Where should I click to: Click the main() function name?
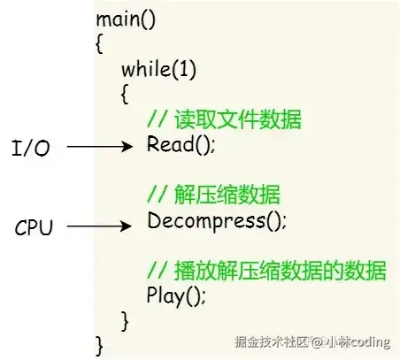[x=126, y=20]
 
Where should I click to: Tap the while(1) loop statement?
[x=158, y=70]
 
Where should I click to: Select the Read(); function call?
[x=181, y=144]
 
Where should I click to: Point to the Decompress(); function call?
[x=217, y=222]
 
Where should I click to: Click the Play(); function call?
[x=176, y=295]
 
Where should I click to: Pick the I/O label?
[x=31, y=148]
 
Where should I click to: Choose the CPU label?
[x=34, y=227]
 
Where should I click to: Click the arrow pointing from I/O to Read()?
[x=100, y=146]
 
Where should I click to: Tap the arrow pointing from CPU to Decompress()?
[x=99, y=226]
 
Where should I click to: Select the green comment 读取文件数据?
[x=224, y=119]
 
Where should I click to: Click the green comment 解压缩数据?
[x=213, y=195]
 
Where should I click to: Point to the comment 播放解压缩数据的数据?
[x=266, y=270]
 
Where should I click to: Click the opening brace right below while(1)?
[x=125, y=94]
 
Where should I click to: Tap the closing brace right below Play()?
[x=125, y=321]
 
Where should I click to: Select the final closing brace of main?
[x=99, y=346]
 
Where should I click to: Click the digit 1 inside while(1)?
[x=183, y=69]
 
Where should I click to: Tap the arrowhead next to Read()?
[x=128, y=146]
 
